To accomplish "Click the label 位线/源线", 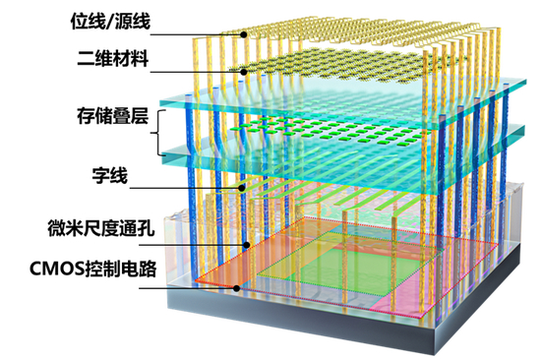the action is pyautogui.click(x=123, y=21).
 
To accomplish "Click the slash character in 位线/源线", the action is pyautogui.click(x=123, y=21).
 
